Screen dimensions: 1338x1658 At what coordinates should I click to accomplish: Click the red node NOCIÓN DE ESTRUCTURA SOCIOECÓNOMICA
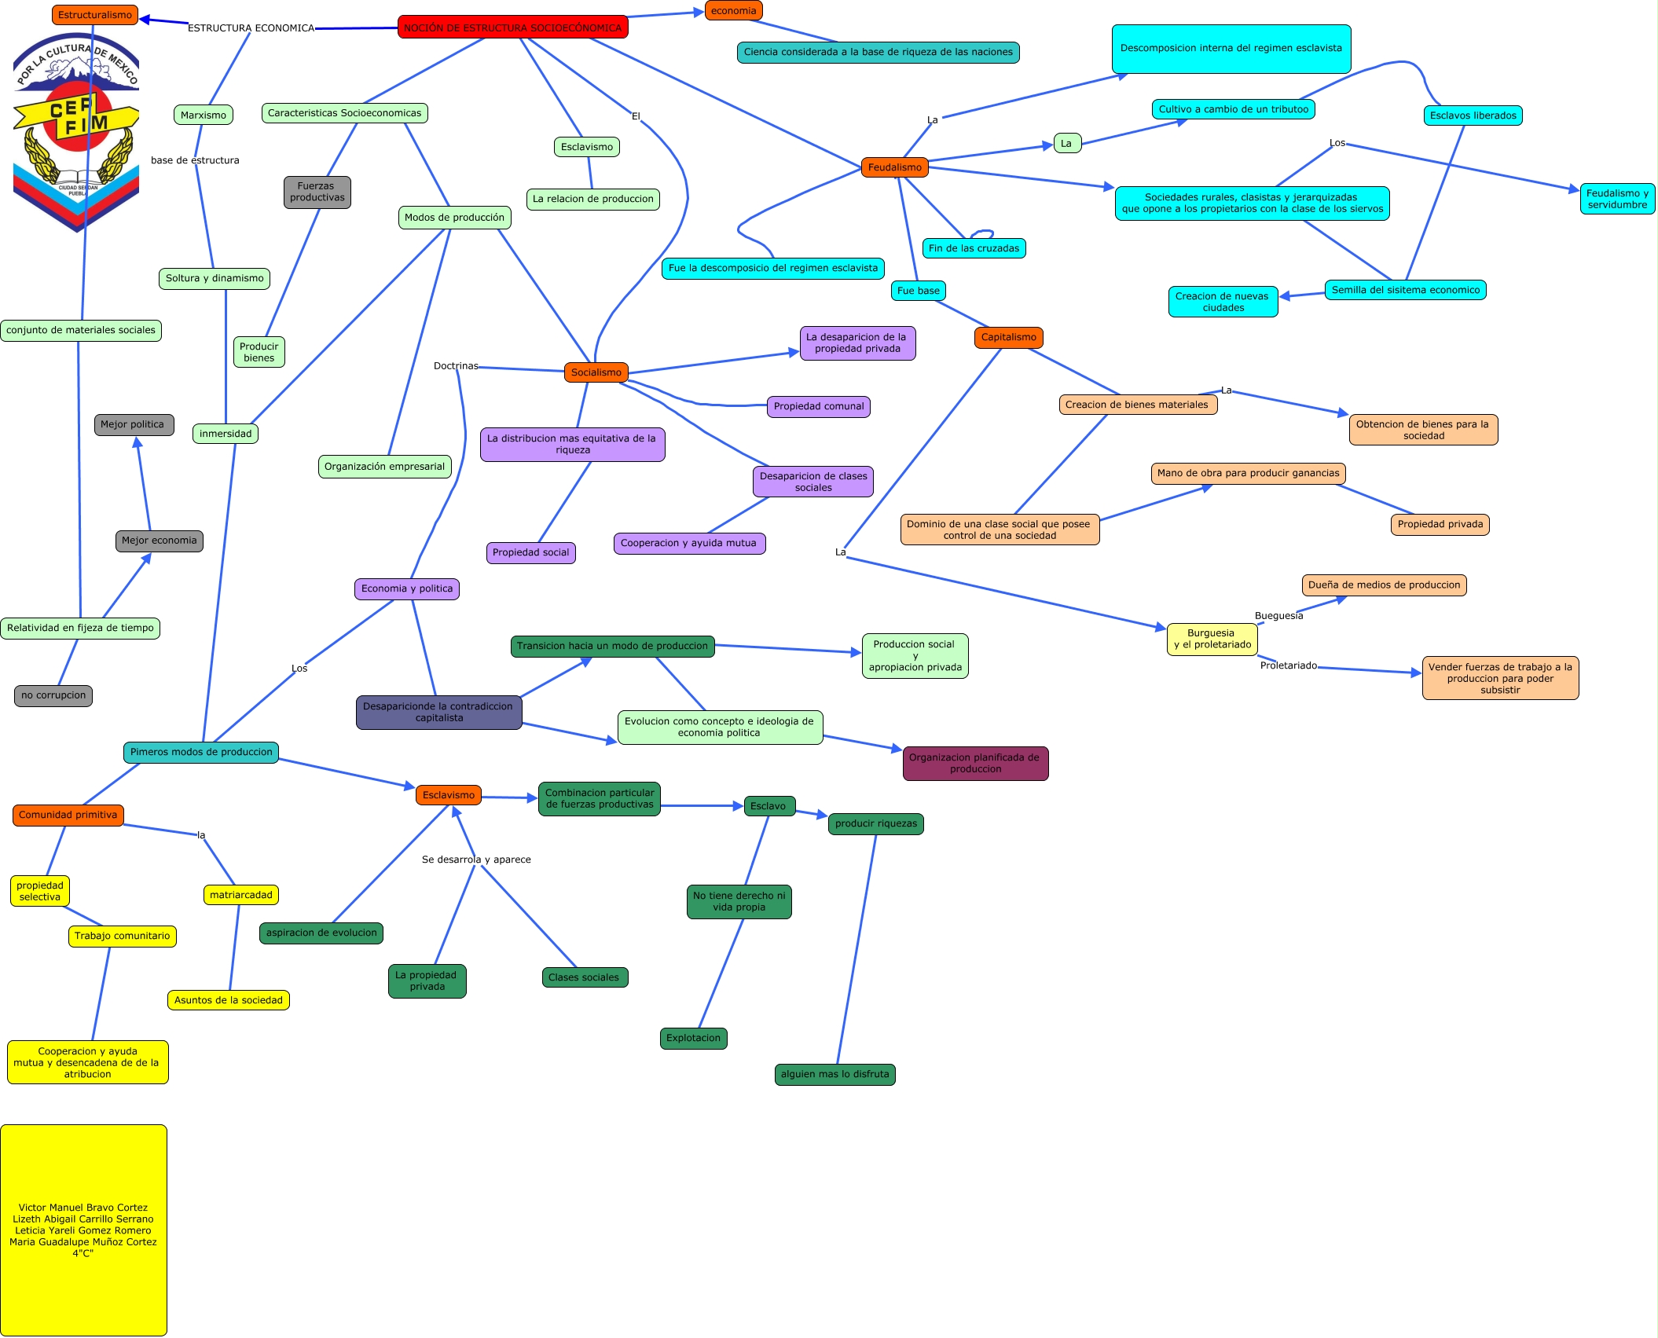512,27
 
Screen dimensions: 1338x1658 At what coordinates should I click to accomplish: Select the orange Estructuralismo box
94,15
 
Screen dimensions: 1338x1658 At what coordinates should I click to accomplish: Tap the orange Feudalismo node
894,167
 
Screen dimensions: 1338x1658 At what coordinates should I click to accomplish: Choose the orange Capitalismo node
1008,337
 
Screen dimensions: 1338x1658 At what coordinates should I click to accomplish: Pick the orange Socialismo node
596,372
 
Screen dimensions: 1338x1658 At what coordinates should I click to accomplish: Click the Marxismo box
203,115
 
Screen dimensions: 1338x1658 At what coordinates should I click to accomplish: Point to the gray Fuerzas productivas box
317,192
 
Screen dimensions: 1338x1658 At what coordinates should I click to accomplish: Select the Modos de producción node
454,218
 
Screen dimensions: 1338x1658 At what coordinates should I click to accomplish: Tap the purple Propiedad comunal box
818,406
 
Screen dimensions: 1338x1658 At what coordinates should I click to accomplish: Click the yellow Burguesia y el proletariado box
1212,639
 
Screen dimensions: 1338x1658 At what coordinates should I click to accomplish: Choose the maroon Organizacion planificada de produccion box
974,763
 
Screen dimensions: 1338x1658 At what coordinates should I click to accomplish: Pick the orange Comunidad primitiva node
68,815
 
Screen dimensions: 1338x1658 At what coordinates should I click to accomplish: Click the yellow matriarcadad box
240,895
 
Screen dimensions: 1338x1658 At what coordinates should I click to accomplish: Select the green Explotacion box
693,1038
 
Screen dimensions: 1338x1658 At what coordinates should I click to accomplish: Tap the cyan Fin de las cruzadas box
974,248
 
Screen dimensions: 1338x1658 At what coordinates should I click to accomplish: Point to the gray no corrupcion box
53,695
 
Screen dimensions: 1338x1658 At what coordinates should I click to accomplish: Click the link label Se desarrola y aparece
476,860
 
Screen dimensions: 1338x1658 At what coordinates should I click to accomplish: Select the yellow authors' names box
83,1230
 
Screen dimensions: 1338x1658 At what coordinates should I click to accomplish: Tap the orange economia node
733,11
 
